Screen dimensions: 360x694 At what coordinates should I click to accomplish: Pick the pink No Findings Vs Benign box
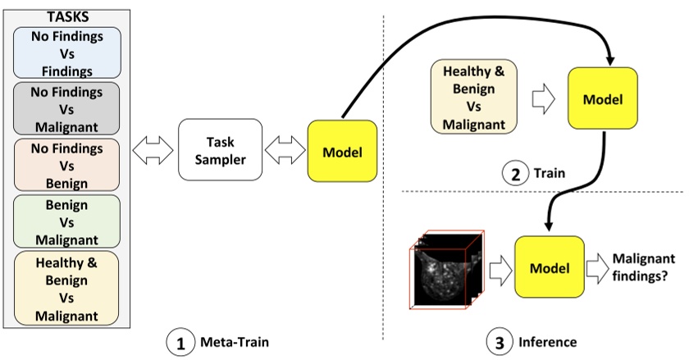click(66, 165)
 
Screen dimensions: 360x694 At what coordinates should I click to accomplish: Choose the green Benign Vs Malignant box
click(66, 220)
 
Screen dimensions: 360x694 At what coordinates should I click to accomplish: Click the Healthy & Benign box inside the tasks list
click(66, 287)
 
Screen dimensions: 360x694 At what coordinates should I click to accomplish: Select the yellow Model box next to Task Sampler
click(342, 152)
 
